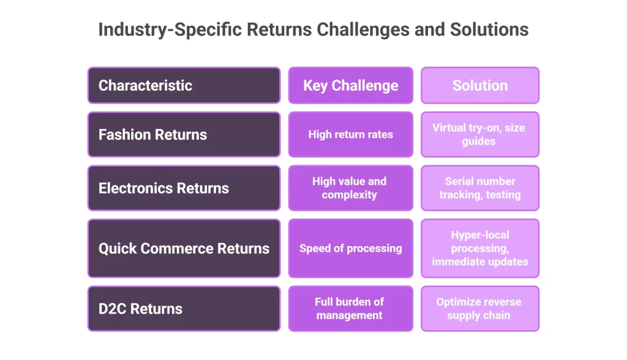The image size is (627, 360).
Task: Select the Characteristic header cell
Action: click(x=184, y=85)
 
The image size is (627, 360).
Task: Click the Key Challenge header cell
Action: click(x=350, y=85)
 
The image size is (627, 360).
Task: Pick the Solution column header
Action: click(x=479, y=85)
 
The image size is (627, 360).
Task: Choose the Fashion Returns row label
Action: click(x=184, y=135)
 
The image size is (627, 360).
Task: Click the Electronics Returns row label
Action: click(x=184, y=188)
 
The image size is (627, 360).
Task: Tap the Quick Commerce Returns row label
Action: click(x=184, y=248)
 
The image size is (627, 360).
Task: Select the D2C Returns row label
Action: click(x=184, y=309)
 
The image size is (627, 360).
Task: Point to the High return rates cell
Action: click(x=350, y=135)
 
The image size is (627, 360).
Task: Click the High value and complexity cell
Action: click(x=350, y=188)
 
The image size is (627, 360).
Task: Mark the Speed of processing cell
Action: click(x=350, y=248)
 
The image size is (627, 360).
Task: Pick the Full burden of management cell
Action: click(x=350, y=309)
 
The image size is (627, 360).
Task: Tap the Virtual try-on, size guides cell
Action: click(x=479, y=135)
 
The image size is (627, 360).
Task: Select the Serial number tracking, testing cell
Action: click(x=479, y=188)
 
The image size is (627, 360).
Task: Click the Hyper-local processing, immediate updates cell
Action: click(x=479, y=248)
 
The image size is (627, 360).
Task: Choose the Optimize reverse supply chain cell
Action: click(x=479, y=309)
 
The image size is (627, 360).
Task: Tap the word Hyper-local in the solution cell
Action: click(x=479, y=235)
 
